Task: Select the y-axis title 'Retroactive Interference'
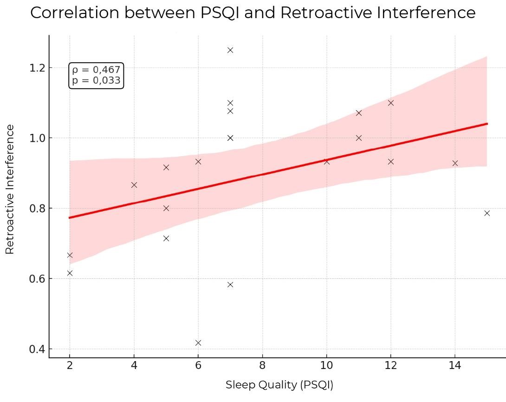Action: (x=10, y=189)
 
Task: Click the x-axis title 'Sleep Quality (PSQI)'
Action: (x=279, y=385)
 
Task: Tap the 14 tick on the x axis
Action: (x=455, y=365)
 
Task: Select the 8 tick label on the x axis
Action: (x=262, y=365)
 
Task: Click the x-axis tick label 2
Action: (x=70, y=365)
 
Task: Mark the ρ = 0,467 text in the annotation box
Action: (x=96, y=70)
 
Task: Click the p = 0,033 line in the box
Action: (x=96, y=80)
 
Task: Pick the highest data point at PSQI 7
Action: (x=230, y=50)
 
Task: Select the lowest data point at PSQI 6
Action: (x=198, y=343)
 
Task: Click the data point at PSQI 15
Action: (x=487, y=213)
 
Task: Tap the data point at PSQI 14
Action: (x=455, y=163)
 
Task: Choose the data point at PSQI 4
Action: (x=134, y=185)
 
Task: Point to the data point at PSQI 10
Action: (x=326, y=162)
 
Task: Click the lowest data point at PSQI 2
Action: (x=70, y=273)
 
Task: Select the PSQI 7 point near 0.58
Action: (x=230, y=285)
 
